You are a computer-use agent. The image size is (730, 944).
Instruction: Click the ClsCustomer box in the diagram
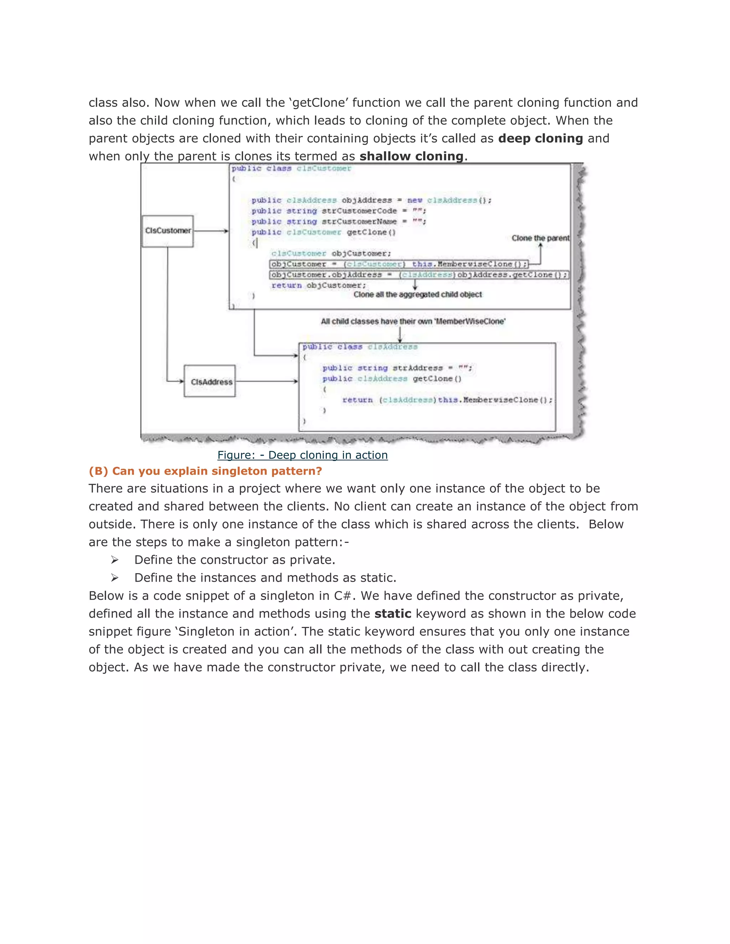[x=168, y=231]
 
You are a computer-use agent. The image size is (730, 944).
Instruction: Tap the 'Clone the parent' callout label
[x=540, y=238]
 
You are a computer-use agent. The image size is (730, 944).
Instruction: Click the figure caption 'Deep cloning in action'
[x=302, y=455]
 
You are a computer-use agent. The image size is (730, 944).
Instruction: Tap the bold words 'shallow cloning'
[x=411, y=156]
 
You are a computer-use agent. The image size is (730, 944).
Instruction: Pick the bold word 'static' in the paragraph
[x=393, y=614]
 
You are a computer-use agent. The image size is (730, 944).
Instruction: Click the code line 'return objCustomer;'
[x=319, y=285]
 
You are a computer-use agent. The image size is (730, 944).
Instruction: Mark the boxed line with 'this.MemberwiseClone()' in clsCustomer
[x=398, y=264]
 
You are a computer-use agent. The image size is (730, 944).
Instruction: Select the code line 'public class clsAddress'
[x=360, y=347]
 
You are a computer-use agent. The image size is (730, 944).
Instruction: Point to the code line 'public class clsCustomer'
[x=291, y=168]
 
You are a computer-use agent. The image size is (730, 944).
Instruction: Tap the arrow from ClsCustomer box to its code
[x=211, y=231]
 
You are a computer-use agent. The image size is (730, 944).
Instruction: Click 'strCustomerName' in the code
[x=359, y=222]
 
